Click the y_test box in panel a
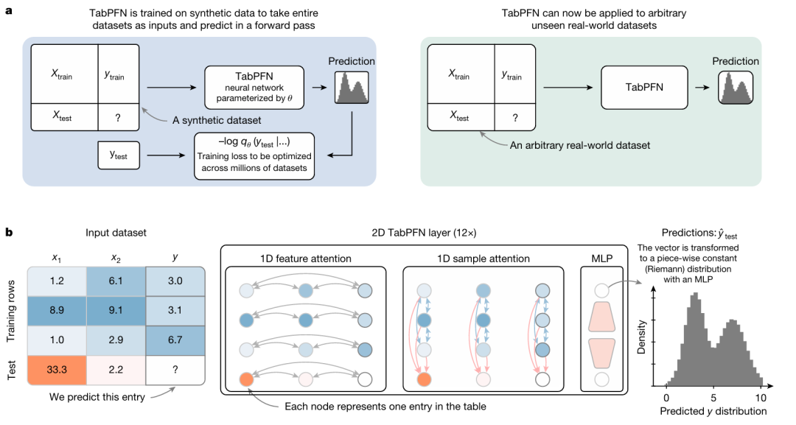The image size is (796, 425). (x=118, y=155)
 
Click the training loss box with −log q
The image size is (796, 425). (x=254, y=155)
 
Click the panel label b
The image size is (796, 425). (x=9, y=232)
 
